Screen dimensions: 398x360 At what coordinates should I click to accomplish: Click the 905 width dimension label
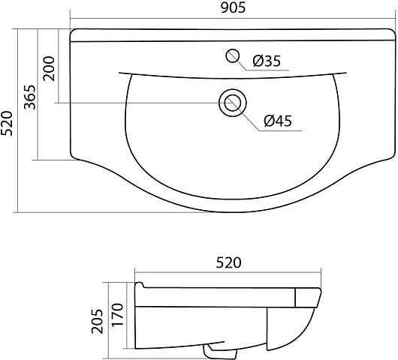[233, 7]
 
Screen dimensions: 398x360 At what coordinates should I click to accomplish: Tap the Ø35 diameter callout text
[267, 61]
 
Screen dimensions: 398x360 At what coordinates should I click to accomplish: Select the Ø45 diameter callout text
[278, 121]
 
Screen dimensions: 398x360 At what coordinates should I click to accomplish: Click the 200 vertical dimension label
[49, 69]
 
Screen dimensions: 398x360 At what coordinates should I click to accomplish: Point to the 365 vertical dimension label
[30, 97]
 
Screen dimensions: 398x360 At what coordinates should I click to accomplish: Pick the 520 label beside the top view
[6, 123]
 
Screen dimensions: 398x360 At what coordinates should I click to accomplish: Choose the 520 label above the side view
[228, 262]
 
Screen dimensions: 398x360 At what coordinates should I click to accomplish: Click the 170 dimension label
[117, 314]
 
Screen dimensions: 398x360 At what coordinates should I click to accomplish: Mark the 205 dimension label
[98, 321]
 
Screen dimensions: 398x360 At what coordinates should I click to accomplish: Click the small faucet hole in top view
[233, 55]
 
